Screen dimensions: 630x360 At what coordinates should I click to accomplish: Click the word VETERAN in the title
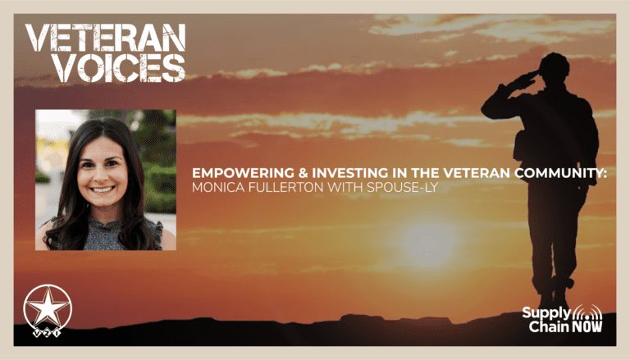pos(106,38)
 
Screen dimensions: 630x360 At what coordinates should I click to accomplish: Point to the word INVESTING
pos(350,173)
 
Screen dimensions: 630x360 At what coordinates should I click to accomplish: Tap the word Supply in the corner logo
pos(546,313)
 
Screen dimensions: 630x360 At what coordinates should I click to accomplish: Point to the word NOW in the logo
pos(587,326)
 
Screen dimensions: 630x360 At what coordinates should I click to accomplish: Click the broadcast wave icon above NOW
pos(587,313)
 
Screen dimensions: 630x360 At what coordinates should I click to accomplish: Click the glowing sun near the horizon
pos(429,242)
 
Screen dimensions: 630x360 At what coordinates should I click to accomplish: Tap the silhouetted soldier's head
pos(554,67)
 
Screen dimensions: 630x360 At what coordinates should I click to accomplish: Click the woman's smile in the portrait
pos(103,189)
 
